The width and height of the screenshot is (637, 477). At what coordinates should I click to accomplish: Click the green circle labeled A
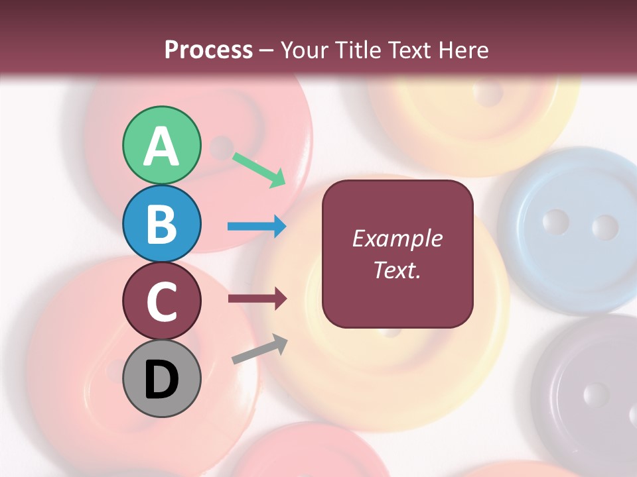pos(161,145)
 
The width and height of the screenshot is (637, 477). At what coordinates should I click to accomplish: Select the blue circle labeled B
pos(161,223)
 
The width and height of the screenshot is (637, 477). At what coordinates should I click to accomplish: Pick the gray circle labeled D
pos(161,378)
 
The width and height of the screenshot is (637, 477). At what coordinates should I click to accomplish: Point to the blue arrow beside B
pos(257,227)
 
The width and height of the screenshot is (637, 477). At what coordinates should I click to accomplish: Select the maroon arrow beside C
pos(257,299)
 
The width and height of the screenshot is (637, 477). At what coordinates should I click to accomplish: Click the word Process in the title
pos(208,50)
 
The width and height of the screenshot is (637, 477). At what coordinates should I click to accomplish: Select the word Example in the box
pos(397,238)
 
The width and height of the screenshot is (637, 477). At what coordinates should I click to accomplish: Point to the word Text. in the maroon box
pos(397,270)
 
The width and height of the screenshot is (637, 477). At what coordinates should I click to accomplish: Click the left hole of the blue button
pos(555,222)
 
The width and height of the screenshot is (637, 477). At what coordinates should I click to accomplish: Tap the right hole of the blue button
pos(604,227)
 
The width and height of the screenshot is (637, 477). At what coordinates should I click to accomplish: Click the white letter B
pos(161,223)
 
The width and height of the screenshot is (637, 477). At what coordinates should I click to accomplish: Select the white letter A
pos(161,146)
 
